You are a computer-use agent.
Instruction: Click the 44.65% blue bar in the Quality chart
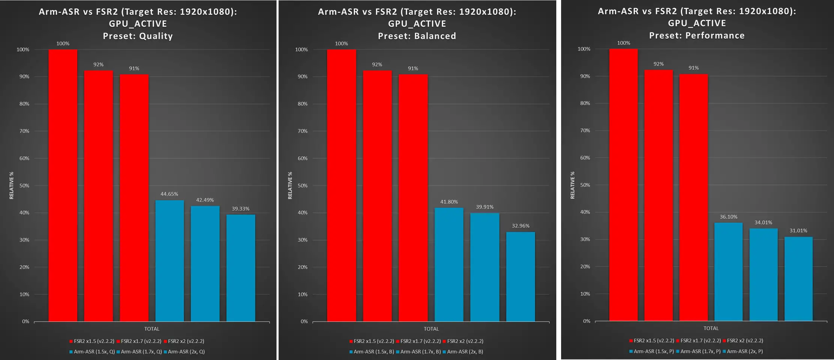coord(169,261)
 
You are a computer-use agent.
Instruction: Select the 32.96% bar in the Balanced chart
coord(520,277)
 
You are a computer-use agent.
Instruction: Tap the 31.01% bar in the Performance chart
coord(798,279)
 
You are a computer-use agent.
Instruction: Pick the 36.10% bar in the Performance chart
coord(728,272)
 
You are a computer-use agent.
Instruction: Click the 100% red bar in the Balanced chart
coord(341,185)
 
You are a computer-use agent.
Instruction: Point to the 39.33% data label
coord(240,209)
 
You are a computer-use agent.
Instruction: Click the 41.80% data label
coord(449,202)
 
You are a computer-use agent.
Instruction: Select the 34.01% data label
coord(763,223)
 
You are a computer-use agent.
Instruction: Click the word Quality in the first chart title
coord(156,36)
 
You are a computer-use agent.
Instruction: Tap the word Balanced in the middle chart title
coord(435,36)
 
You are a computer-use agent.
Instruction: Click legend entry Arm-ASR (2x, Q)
coord(186,352)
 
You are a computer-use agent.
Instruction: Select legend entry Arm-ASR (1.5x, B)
coord(374,352)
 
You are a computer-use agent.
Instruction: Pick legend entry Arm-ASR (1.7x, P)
coord(700,351)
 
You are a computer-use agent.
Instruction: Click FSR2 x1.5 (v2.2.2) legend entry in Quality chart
coord(94,341)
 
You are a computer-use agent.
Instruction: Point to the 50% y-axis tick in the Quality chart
coord(24,186)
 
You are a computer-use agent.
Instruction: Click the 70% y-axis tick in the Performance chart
coord(585,130)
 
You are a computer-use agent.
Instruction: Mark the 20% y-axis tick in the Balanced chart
coord(302,267)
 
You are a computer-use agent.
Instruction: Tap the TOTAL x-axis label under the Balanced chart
coord(431,329)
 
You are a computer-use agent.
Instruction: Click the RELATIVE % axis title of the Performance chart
coord(572,185)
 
